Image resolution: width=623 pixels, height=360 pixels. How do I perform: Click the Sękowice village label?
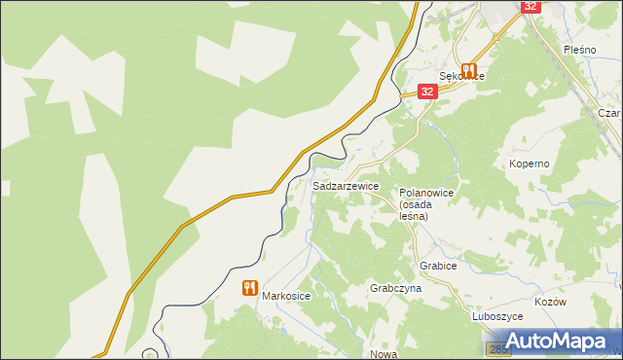tap(461, 76)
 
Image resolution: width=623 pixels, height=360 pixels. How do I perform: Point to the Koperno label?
tap(529, 164)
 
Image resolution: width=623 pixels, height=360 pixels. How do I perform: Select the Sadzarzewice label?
tap(346, 185)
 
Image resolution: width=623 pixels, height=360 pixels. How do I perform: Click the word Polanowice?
tap(426, 194)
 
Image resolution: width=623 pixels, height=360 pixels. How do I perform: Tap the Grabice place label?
tap(438, 265)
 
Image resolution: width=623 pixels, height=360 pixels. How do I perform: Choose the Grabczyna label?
tap(395, 289)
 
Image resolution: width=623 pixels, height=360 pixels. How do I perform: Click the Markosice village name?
tap(285, 297)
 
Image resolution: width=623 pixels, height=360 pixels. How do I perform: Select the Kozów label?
tap(550, 303)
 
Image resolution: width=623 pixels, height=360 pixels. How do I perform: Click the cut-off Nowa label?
tap(383, 354)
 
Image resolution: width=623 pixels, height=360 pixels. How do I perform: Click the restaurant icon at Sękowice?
tap(469, 70)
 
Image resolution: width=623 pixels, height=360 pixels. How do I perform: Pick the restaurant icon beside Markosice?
tap(249, 288)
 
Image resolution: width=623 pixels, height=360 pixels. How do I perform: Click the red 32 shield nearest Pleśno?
tap(530, 6)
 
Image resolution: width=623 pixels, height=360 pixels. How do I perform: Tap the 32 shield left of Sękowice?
tap(426, 90)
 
